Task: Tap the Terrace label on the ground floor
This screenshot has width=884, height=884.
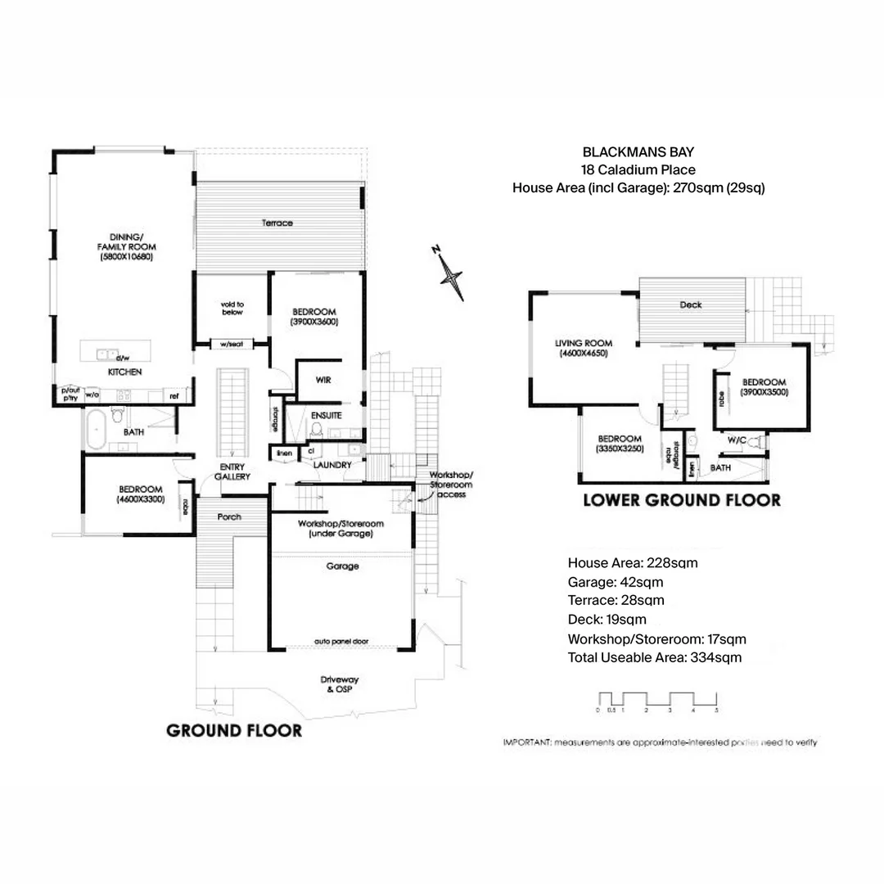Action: point(277,223)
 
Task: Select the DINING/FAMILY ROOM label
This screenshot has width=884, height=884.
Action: point(126,246)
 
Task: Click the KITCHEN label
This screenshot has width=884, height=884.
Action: point(125,372)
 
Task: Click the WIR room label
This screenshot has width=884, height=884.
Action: point(322,380)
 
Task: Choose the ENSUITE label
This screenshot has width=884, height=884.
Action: point(326,416)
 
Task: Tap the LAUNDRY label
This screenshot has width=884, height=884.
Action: point(332,465)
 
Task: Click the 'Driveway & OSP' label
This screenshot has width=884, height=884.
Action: point(340,684)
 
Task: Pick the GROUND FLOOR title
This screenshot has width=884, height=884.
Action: point(234,730)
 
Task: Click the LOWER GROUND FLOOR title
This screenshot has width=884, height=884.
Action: point(681,499)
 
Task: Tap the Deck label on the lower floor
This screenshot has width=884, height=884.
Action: point(691,305)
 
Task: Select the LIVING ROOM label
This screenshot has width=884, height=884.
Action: point(584,349)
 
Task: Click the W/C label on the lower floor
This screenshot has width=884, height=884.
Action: point(735,440)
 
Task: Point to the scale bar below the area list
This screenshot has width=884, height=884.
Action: point(657,700)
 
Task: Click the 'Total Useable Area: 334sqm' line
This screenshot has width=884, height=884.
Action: point(655,657)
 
